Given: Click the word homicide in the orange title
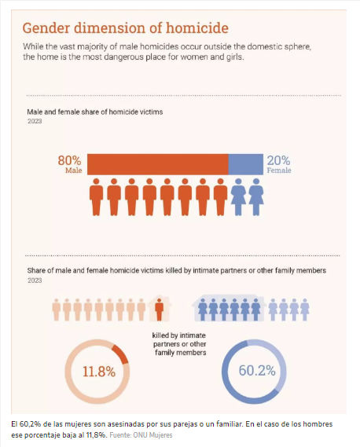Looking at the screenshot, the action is pos(197,28).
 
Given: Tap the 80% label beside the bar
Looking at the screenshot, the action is pos(70,160).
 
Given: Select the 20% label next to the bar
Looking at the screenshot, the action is pos(279,161).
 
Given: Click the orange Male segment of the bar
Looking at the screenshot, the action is pos(158,164).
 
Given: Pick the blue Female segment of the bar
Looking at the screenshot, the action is pos(246,164).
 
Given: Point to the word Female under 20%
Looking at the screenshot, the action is pos(279,170).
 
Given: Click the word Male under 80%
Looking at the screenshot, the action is pos(74,170).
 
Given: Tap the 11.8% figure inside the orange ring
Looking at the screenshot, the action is pos(99,372).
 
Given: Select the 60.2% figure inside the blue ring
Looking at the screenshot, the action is pos(257,371).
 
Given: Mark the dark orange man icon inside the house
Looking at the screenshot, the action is pos(160,310).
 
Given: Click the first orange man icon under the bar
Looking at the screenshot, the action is pos(96,196).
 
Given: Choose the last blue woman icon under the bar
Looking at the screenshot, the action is pos(256,196).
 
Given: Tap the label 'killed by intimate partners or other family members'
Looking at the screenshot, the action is pos(179,344).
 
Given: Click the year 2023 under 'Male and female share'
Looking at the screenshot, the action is pos(35,121).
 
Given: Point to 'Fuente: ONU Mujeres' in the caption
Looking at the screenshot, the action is pos(141,435).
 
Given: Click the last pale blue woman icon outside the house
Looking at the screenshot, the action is pos(305,310).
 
